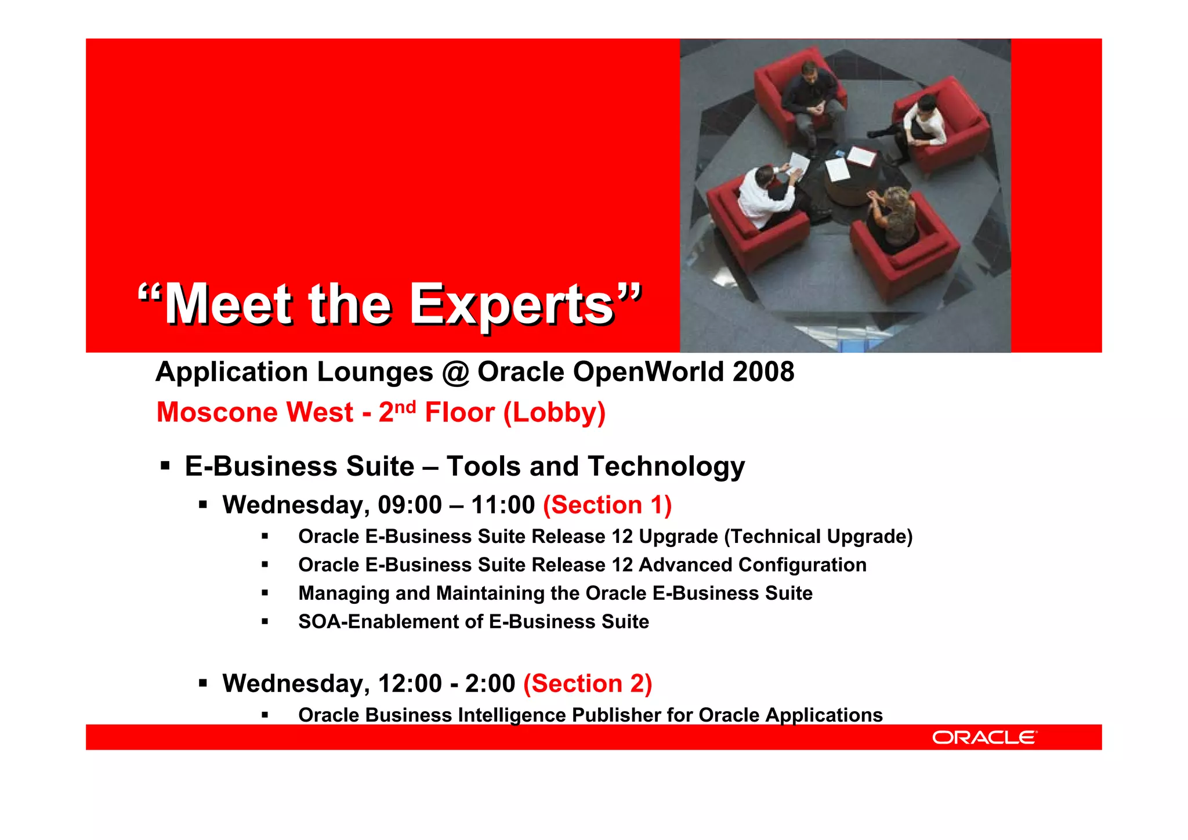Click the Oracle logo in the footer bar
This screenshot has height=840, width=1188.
coord(984,737)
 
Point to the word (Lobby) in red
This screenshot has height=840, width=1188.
coord(554,413)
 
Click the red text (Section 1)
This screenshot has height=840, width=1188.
coord(607,505)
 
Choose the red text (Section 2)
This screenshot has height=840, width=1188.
coord(587,683)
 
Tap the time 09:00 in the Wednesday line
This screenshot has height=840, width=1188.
coord(410,505)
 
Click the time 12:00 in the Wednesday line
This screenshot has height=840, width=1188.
coord(410,683)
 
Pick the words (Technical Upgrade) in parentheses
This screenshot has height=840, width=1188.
coord(818,537)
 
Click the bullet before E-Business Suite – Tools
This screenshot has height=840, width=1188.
coord(165,466)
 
